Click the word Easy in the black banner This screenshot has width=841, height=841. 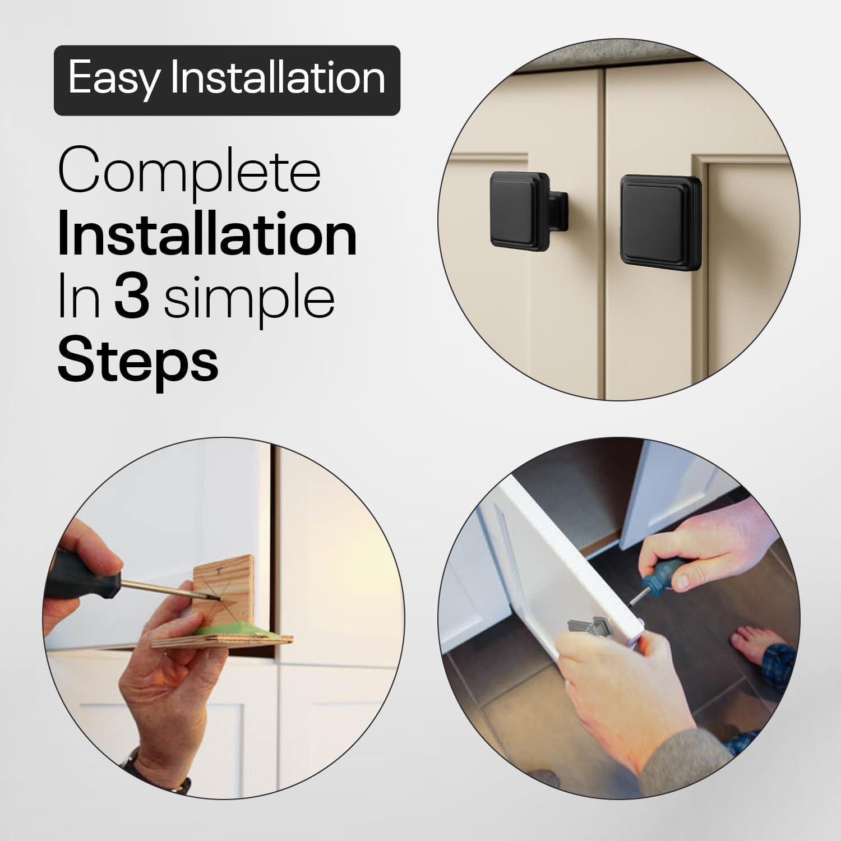pos(114,79)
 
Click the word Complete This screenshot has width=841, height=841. pos(190,174)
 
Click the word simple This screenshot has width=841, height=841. pos(249,300)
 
